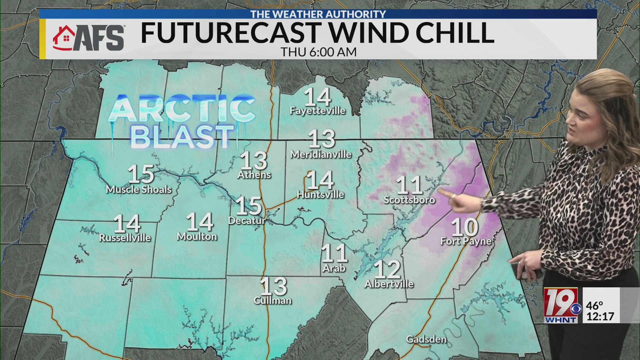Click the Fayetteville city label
[x=317, y=111]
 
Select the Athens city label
[x=254, y=175]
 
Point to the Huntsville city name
[x=320, y=194]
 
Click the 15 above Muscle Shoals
[x=141, y=174]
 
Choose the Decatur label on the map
[x=247, y=220]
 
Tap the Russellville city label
[x=125, y=237]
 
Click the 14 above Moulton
[x=200, y=222]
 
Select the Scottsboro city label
[x=409, y=200]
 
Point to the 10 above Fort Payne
[x=465, y=227]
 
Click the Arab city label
[x=334, y=268]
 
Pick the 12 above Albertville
[x=387, y=269]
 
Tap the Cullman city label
[x=273, y=300]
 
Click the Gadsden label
[x=426, y=339]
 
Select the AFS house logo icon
[x=64, y=38]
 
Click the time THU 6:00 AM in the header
[x=318, y=52]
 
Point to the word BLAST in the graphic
[x=182, y=137]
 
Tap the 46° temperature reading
[x=595, y=306]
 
